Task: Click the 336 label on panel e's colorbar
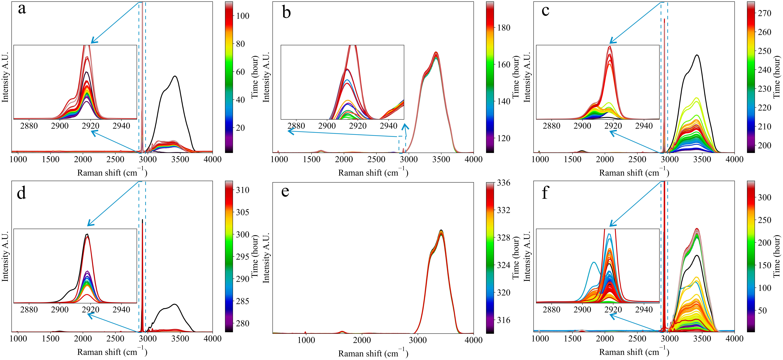pyautogui.click(x=504, y=183)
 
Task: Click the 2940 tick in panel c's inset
pyautogui.click(x=644, y=126)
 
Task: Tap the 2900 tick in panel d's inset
pyautogui.click(x=60, y=310)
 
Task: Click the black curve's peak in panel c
pyautogui.click(x=697, y=55)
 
